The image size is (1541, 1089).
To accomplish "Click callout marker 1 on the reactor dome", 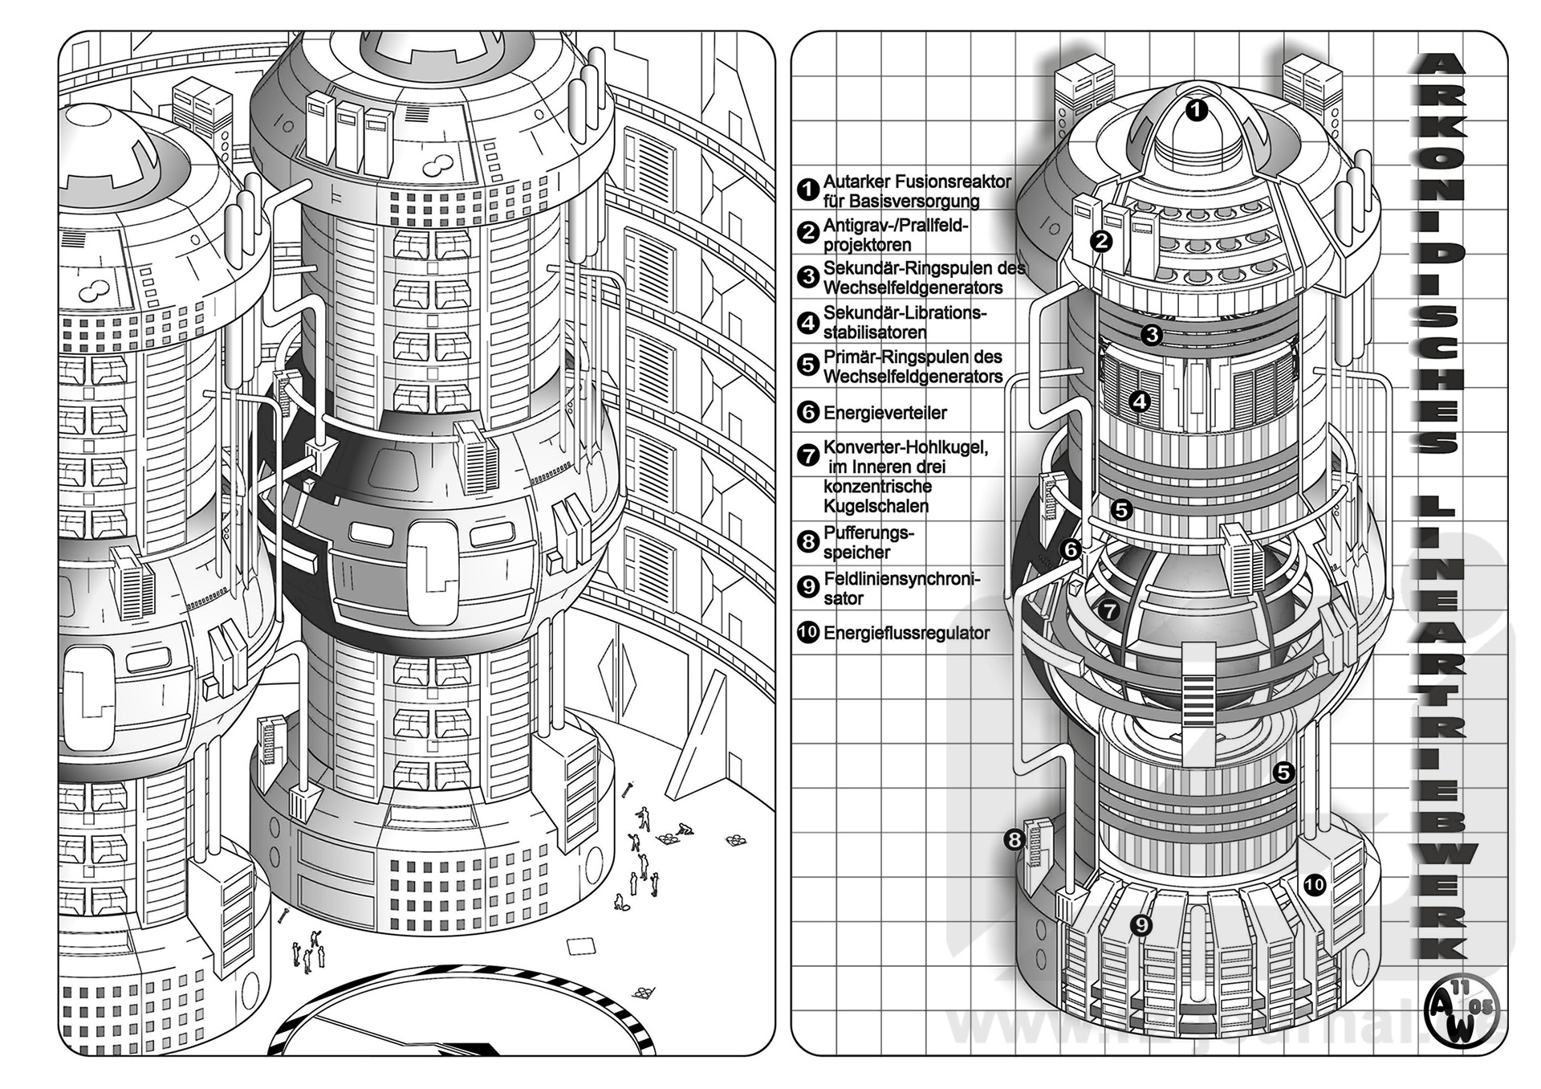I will [1196, 110].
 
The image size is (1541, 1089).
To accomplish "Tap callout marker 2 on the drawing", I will [1102, 240].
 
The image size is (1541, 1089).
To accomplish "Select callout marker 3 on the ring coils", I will [1152, 334].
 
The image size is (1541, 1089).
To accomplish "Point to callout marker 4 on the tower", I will [1140, 401].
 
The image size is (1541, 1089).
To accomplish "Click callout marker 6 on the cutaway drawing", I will [1071, 549].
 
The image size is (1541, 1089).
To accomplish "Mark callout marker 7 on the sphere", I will [1108, 610].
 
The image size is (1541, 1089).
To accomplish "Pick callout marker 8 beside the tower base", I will [1014, 840].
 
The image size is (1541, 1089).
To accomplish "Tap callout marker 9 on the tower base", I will [1141, 925].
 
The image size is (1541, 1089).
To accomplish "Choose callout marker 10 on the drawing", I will [1314, 885].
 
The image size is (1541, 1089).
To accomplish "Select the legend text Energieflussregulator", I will [906, 633].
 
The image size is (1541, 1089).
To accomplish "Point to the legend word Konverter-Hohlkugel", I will [905, 447].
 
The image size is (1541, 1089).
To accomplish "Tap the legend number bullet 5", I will [807, 365].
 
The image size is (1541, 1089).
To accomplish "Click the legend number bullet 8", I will [807, 541].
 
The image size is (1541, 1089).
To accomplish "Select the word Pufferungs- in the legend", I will [868, 532].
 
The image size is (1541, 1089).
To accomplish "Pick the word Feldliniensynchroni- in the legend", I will [901, 579].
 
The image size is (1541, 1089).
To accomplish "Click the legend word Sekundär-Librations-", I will [905, 312].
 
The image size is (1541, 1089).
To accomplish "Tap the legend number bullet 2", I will [807, 233].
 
